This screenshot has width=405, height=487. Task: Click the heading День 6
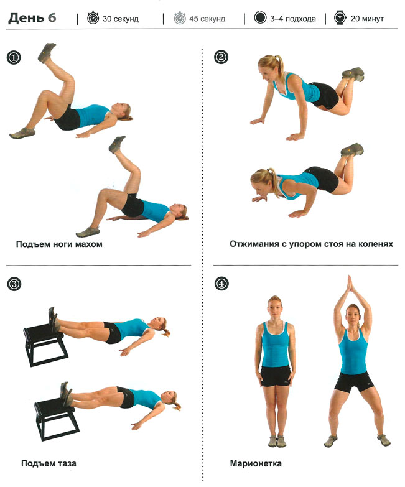(32, 18)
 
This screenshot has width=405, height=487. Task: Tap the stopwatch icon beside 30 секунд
(93, 17)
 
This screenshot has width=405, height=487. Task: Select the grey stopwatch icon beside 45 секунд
(180, 17)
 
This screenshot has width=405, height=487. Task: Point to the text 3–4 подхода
(293, 19)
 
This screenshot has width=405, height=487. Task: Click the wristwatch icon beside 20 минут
(340, 17)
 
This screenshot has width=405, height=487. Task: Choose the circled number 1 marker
(14, 58)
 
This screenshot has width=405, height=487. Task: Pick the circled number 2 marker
(221, 57)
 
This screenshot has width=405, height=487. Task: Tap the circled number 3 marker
(14, 284)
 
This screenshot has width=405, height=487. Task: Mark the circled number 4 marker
(221, 284)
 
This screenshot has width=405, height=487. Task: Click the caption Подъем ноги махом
(59, 244)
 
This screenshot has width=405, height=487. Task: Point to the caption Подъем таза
(49, 464)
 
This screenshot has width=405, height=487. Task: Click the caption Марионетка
(256, 464)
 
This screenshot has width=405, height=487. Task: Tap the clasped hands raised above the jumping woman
(350, 284)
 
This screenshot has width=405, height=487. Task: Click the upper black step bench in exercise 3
(45, 343)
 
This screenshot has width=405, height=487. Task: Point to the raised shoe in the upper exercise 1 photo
(47, 52)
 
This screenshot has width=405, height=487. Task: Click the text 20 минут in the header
(367, 19)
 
